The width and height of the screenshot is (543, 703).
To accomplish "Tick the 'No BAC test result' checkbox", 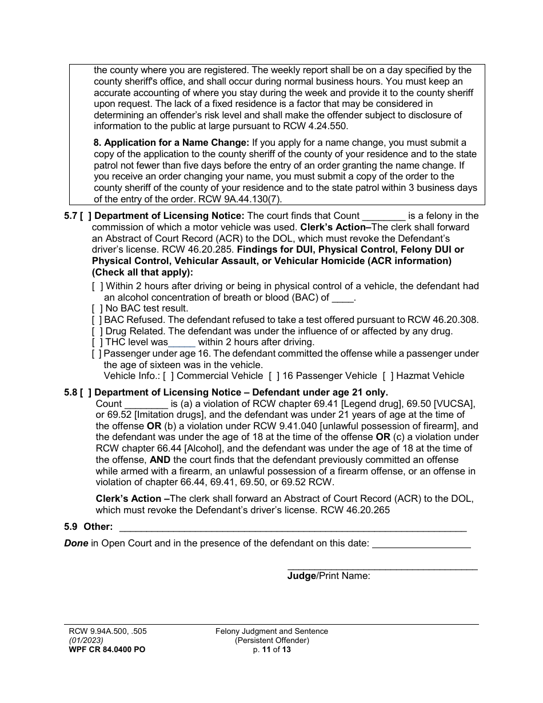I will pos(97,309).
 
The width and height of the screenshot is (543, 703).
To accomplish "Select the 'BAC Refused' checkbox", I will pos(97,320).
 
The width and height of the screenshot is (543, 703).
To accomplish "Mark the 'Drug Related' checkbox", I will pos(97,331).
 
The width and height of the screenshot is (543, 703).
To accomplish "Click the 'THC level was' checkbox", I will pos(97,342).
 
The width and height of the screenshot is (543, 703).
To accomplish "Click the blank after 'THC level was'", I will pos(182,343).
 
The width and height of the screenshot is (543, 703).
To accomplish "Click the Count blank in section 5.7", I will pos(384,217).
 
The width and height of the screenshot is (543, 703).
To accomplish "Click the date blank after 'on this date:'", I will pos(421,544).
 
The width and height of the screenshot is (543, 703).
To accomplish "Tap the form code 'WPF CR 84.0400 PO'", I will pos(103,650).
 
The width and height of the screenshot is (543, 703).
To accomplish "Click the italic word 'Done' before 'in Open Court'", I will pos(76,544).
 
